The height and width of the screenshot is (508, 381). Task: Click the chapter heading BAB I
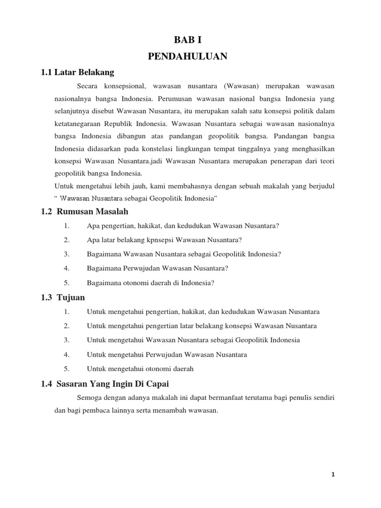[x=188, y=40]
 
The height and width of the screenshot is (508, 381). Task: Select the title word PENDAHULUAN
[x=188, y=57]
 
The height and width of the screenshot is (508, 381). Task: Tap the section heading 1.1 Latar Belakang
[x=77, y=73]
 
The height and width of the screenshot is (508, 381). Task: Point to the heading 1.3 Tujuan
[x=63, y=298]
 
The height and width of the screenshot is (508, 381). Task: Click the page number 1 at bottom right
[x=333, y=474]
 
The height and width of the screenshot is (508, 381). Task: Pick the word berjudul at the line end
[x=321, y=186]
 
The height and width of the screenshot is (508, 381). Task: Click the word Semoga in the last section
[x=89, y=397]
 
